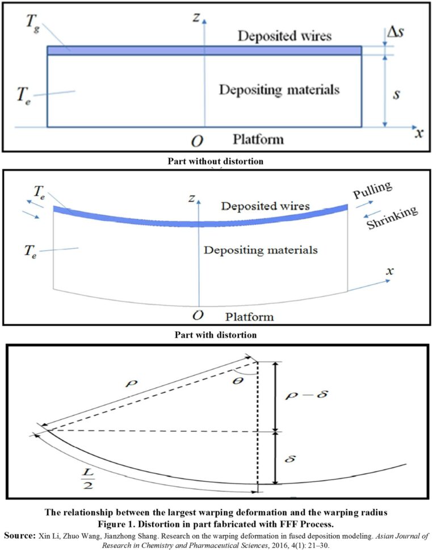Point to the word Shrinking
point(392,218)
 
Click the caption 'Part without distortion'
point(216,161)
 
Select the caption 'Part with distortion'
point(216,335)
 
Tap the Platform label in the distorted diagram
point(249,316)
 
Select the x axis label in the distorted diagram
point(389,271)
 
